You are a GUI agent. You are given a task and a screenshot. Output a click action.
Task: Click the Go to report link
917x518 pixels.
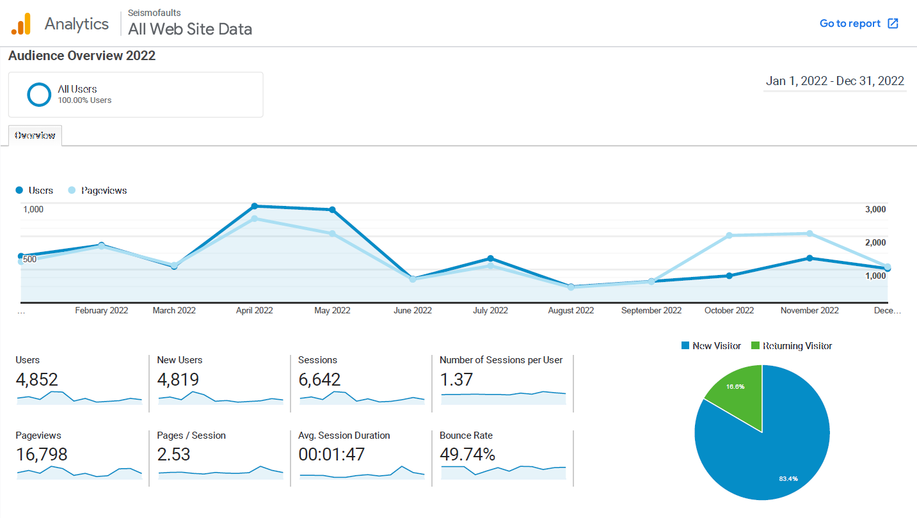click(x=859, y=24)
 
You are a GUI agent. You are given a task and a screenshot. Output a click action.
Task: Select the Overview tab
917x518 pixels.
click(x=35, y=136)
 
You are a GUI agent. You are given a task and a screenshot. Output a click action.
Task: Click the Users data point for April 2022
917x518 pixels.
click(x=255, y=206)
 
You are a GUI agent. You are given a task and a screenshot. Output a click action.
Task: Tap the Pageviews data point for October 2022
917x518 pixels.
click(x=729, y=235)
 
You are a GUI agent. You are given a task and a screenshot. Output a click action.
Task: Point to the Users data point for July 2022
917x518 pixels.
click(x=490, y=258)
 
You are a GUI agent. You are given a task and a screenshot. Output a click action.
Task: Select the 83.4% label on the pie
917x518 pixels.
click(x=788, y=478)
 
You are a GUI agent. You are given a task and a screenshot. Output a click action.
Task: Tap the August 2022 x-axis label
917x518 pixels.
click(x=571, y=311)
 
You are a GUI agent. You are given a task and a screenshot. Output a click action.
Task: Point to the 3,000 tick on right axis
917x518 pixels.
click(x=875, y=209)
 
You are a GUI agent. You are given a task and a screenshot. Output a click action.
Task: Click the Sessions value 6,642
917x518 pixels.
click(x=319, y=380)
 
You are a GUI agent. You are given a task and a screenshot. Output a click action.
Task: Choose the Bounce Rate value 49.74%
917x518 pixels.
click(x=467, y=455)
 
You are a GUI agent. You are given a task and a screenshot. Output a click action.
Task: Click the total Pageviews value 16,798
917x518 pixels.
click(x=41, y=455)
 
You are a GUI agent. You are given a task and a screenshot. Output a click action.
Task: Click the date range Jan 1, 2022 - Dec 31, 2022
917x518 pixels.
click(x=834, y=81)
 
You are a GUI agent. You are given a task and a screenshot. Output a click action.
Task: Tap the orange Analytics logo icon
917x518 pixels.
click(x=21, y=24)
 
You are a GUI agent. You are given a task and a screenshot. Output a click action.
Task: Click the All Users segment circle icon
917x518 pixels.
click(x=39, y=95)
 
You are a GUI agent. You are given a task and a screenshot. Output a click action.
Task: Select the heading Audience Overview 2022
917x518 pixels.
click(x=82, y=56)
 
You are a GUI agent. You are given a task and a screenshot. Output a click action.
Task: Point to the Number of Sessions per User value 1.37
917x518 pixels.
click(x=456, y=380)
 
